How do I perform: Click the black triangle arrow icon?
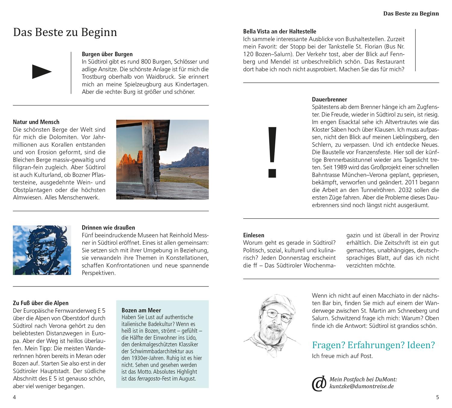point(42,72)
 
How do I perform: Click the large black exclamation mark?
point(272,152)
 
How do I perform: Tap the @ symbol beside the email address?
point(319,383)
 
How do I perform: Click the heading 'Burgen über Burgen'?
point(107,54)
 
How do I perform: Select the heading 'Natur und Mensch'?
point(36,122)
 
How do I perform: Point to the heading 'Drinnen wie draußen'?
point(108,228)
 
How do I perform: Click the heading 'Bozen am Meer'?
point(141,310)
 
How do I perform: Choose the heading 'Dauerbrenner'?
point(329,100)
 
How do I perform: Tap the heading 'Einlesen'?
point(254,235)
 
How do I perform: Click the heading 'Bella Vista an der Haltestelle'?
point(280,31)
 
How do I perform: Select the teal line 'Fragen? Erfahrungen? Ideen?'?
point(373,345)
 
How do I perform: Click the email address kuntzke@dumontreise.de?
point(362,386)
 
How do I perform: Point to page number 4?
point(14,397)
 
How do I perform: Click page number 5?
point(438,397)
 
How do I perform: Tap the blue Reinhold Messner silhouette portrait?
point(42,250)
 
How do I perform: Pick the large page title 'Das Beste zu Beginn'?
point(65,32)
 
